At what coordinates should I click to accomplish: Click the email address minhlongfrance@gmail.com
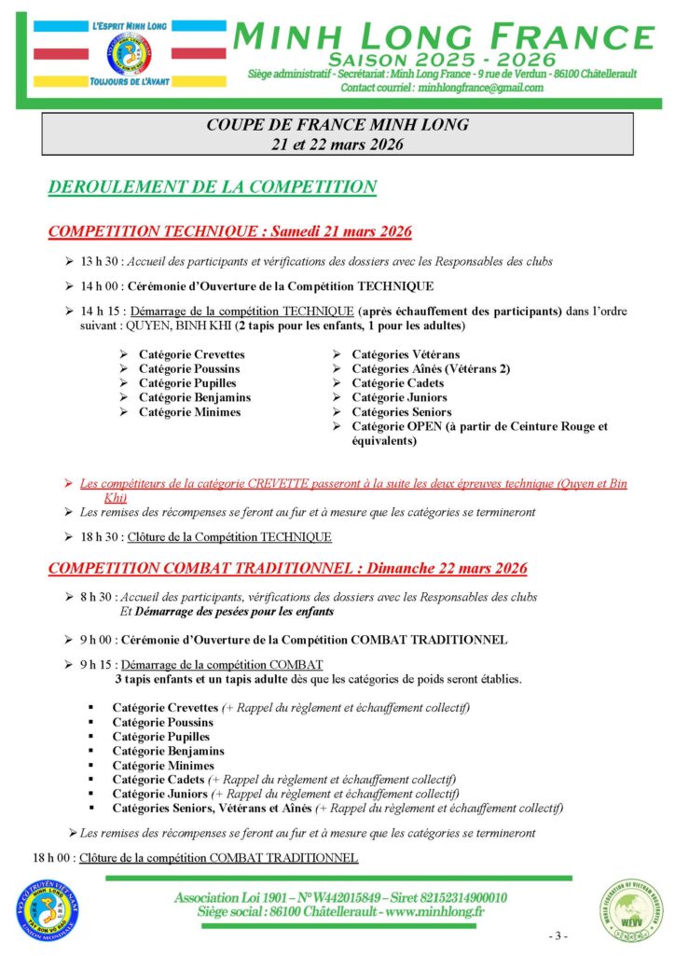[481, 88]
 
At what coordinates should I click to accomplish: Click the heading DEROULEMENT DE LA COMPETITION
[212, 187]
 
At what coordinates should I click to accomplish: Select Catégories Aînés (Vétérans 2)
[431, 368]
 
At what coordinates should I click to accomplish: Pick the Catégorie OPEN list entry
[479, 426]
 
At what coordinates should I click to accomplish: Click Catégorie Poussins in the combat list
[163, 722]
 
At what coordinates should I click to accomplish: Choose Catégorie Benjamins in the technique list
[195, 397]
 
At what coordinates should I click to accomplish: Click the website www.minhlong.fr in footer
[426, 911]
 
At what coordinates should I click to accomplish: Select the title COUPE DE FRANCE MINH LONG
[337, 124]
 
